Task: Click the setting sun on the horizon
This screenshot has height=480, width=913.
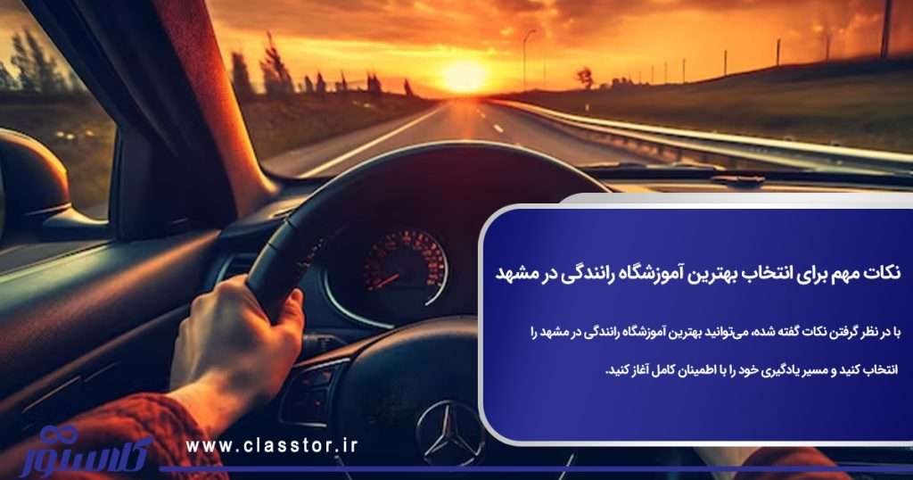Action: tap(464, 76)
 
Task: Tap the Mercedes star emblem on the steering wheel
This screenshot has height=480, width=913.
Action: tap(449, 433)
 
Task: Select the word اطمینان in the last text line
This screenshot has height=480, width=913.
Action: tap(692, 368)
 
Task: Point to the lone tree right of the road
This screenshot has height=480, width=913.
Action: tap(585, 78)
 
